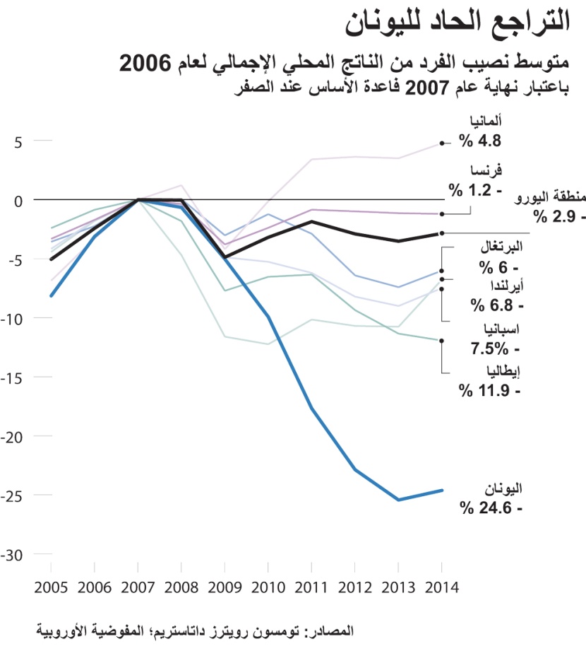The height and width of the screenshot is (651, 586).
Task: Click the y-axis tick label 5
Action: (19, 141)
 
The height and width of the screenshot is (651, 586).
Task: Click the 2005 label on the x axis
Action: (52, 587)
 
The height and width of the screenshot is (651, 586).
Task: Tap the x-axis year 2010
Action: (268, 587)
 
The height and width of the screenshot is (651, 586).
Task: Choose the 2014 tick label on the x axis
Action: (441, 587)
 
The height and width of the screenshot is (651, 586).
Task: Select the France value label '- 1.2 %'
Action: (474, 190)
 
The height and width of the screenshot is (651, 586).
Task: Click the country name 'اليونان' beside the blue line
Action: (503, 488)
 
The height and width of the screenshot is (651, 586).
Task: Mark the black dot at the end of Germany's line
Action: (442, 143)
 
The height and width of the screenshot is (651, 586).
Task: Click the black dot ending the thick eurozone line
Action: (442, 233)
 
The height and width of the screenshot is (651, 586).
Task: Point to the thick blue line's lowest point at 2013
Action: (398, 500)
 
